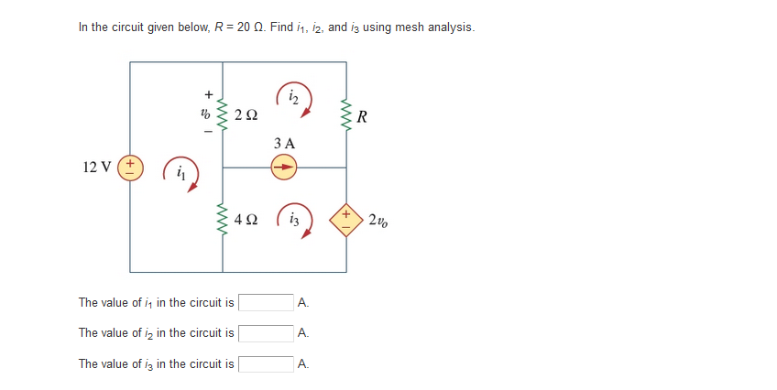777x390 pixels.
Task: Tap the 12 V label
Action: (x=96, y=168)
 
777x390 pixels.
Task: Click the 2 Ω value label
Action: (x=246, y=116)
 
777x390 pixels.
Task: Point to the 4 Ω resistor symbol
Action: (x=223, y=221)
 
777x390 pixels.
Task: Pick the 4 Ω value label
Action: (x=246, y=221)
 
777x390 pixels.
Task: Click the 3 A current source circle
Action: (x=284, y=168)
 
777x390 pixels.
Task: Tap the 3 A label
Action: (x=284, y=144)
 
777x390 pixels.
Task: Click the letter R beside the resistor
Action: (x=365, y=116)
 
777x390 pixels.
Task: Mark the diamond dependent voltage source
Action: (x=346, y=221)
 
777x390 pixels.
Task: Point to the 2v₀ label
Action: (x=378, y=221)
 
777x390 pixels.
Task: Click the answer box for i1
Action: (x=267, y=302)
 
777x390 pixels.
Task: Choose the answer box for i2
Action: (x=267, y=333)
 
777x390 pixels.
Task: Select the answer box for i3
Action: (x=267, y=364)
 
